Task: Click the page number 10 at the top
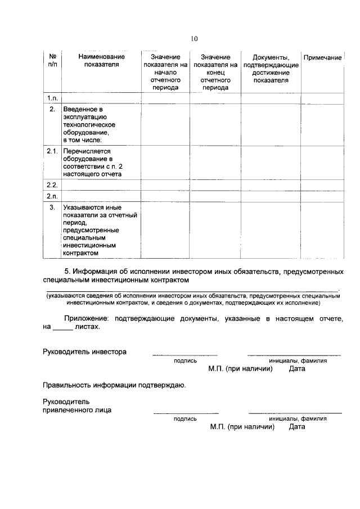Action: [194, 39]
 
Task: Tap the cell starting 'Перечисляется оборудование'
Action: [92, 163]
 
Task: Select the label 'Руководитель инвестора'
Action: [84, 352]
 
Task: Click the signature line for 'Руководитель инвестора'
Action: [184, 354]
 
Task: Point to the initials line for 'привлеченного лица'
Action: [295, 412]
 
